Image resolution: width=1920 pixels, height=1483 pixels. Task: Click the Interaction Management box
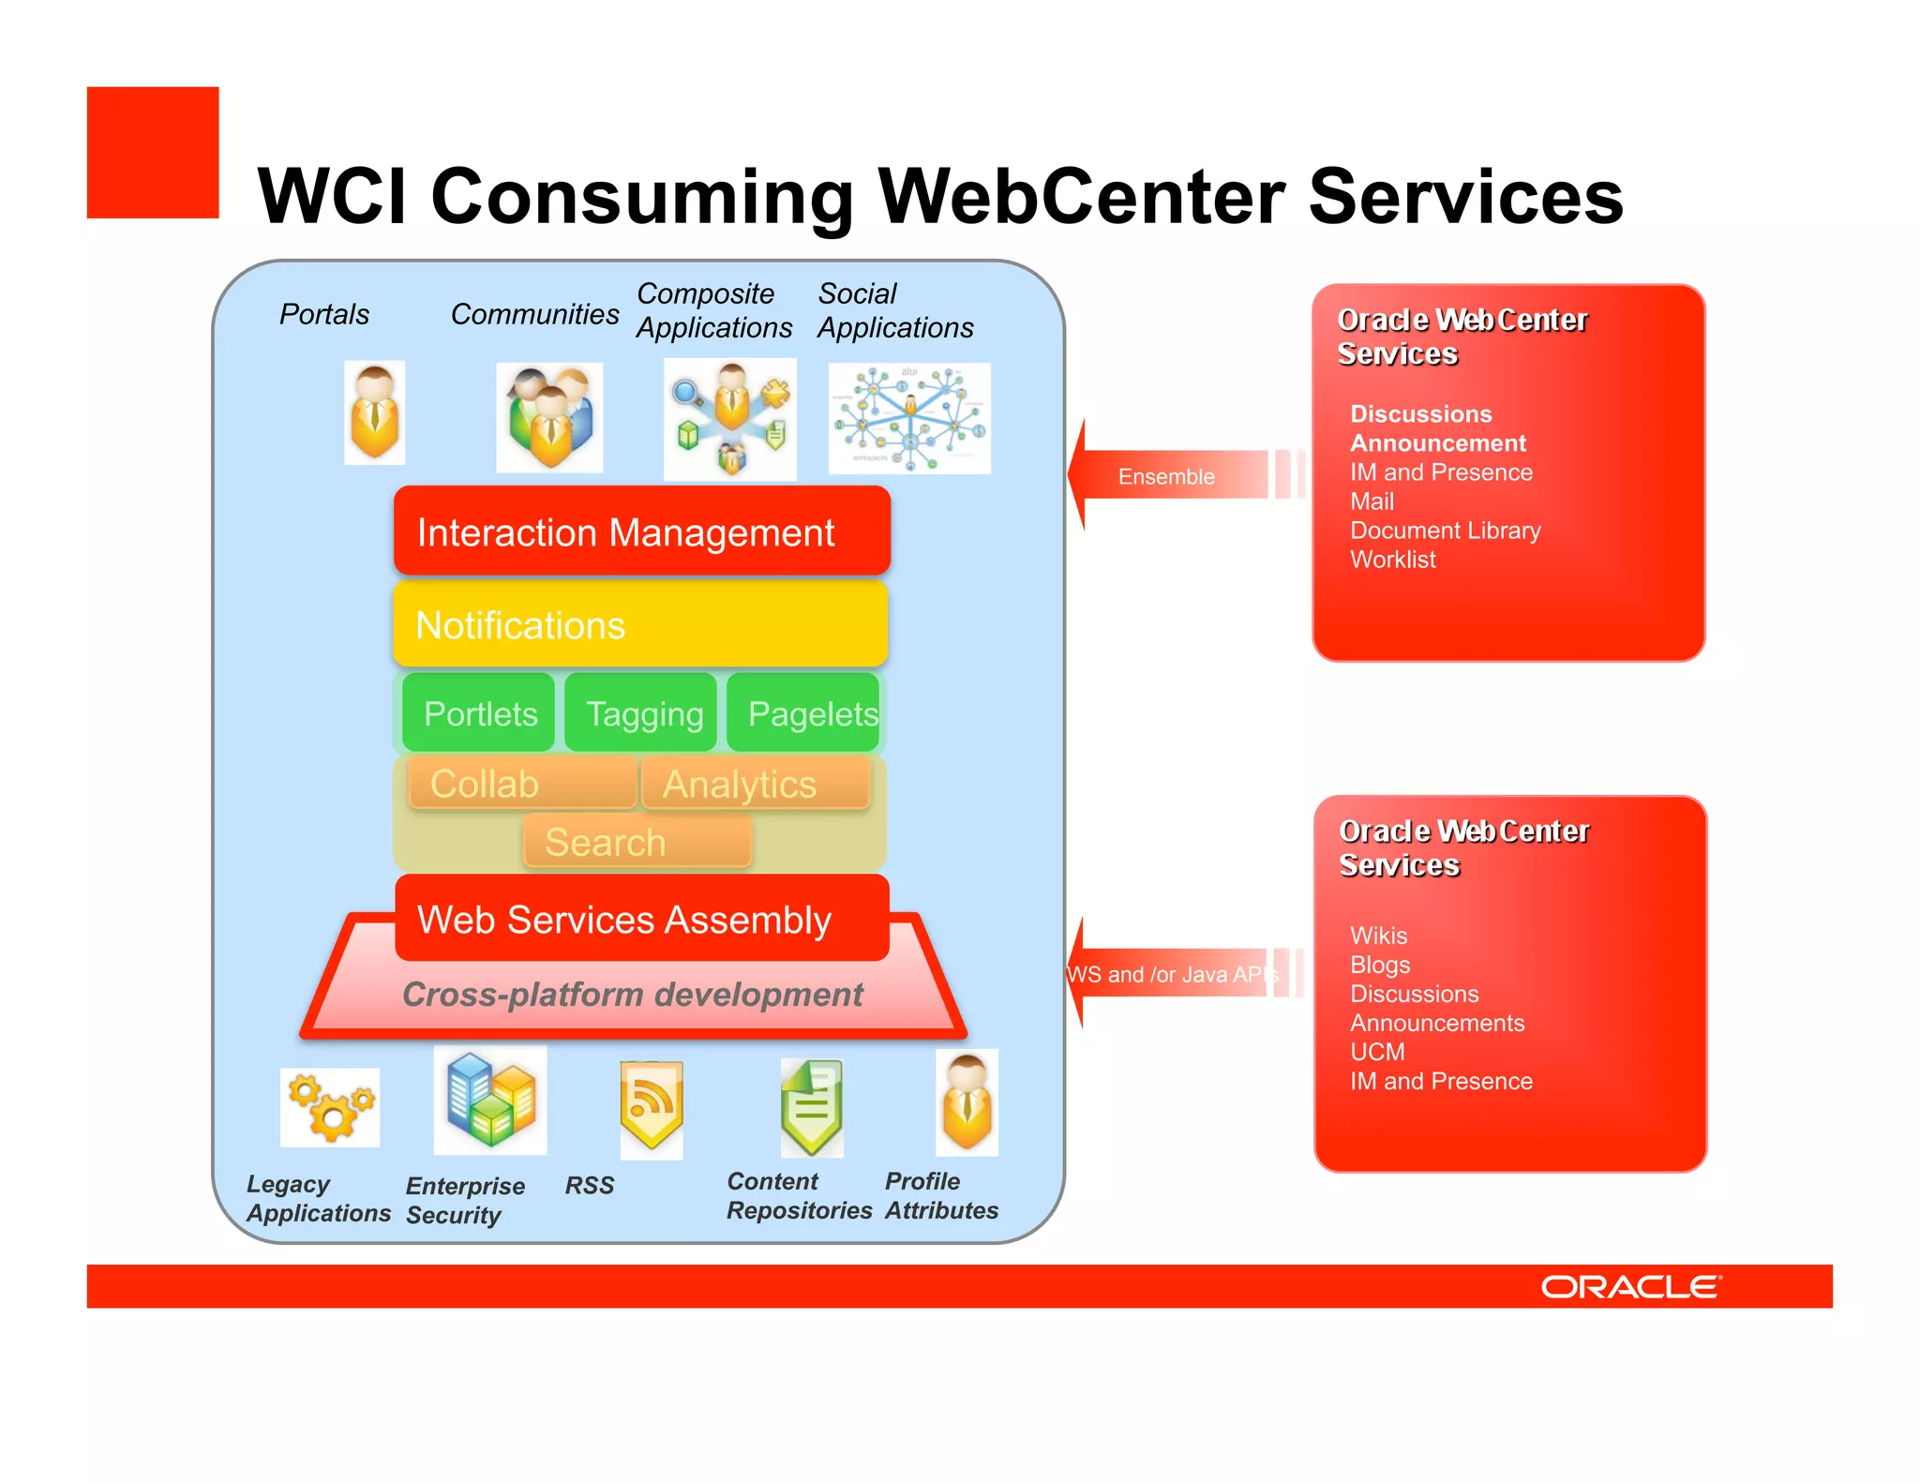coord(641,532)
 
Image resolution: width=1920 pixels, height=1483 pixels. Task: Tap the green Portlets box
coord(479,713)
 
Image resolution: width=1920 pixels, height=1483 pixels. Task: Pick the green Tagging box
coord(642,713)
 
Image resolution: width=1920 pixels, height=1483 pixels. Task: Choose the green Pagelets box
coord(804,713)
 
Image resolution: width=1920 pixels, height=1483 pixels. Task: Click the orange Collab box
coord(522,784)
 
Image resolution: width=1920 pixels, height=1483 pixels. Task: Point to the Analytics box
coord(756,784)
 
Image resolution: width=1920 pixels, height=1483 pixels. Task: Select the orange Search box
coord(637,842)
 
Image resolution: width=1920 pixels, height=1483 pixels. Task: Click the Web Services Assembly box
coord(641,919)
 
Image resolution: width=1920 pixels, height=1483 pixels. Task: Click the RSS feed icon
coord(652,1107)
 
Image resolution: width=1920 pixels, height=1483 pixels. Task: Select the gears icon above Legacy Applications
coord(330,1107)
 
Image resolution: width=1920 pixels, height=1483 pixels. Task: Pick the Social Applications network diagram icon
coord(909,418)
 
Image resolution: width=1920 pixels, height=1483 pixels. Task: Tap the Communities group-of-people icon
coord(549,418)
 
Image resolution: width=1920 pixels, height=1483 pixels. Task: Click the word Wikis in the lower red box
coord(1378,936)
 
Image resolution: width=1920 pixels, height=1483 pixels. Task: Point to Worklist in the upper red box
coord(1392,560)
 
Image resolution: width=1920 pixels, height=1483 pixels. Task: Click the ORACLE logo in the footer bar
coord(1630,1287)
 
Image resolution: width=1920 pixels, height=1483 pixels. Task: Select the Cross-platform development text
coord(633,995)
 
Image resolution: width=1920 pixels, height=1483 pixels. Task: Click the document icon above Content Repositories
coord(812,1107)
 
